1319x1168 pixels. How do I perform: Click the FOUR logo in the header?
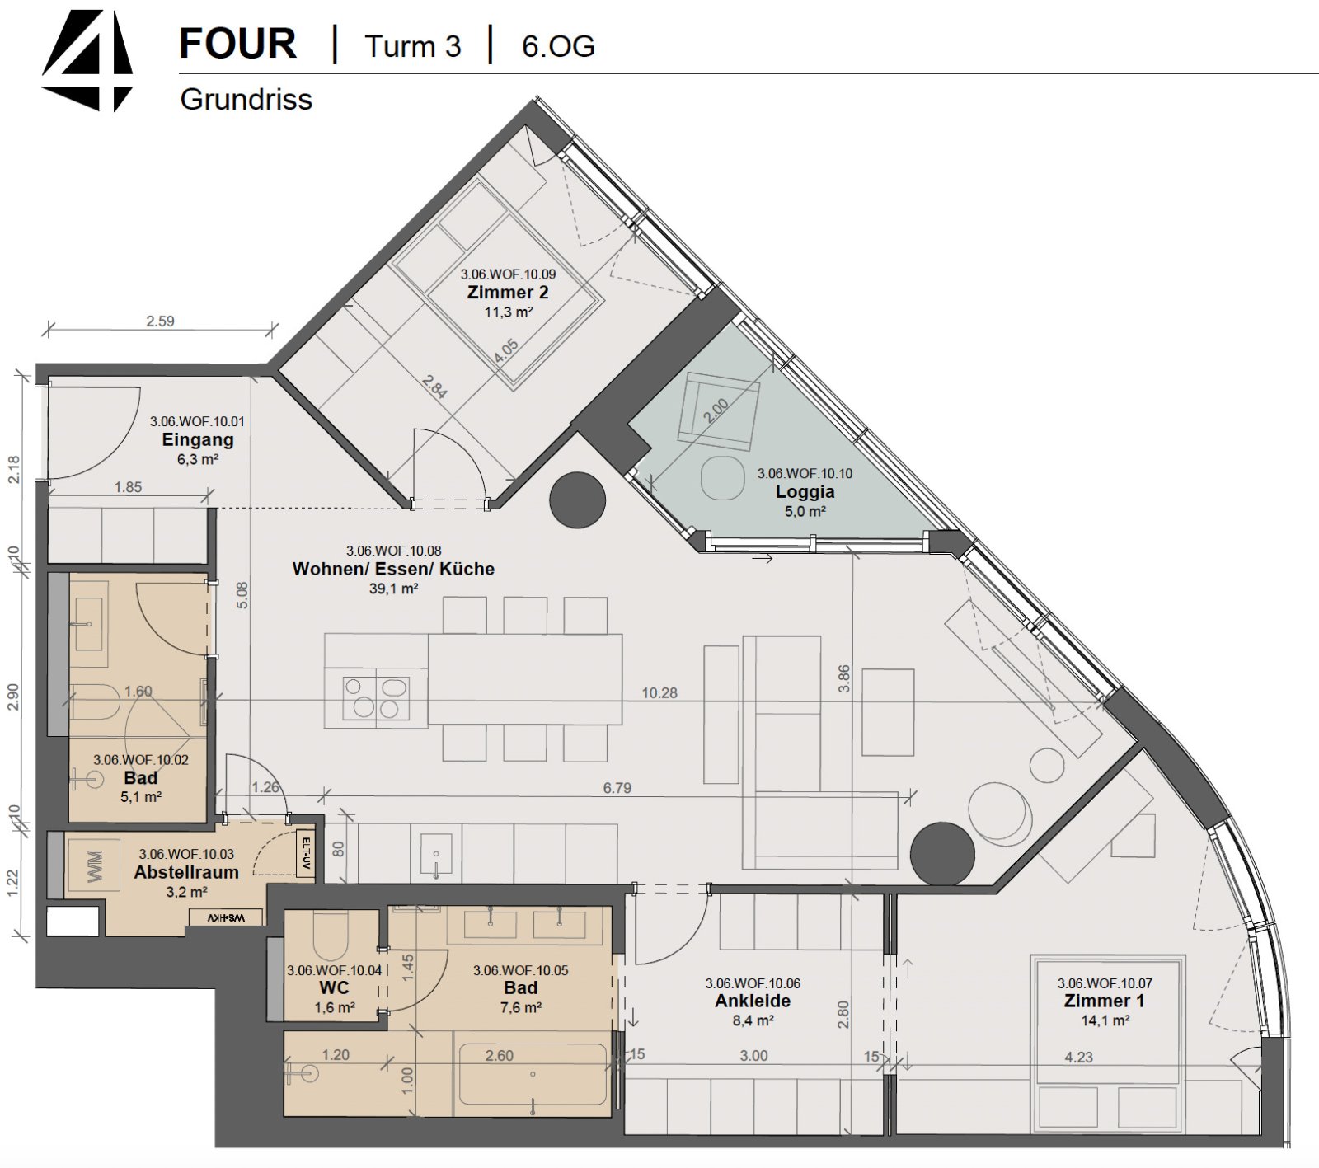pos(87,60)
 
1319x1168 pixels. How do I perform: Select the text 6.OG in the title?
pos(558,46)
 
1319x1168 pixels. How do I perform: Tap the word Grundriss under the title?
pos(246,99)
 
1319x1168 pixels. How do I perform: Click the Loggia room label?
pos(805,492)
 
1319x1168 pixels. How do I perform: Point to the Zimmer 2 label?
pos(507,293)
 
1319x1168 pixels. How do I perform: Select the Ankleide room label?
pos(753,1001)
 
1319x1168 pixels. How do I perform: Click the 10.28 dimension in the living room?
pos(659,693)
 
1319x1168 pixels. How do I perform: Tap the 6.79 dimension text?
pos(617,788)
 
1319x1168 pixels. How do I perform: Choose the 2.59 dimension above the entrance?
pos(160,321)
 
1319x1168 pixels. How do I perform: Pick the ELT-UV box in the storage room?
pos(305,853)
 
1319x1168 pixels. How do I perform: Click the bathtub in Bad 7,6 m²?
pos(533,1074)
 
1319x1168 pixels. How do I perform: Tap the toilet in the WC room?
pos(331,935)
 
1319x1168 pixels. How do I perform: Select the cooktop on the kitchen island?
pos(377,697)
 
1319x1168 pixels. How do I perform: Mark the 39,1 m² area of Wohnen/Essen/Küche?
pos(393,589)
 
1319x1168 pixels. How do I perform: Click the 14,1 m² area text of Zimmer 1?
pos(1105,1020)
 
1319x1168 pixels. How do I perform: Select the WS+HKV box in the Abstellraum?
pos(226,917)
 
